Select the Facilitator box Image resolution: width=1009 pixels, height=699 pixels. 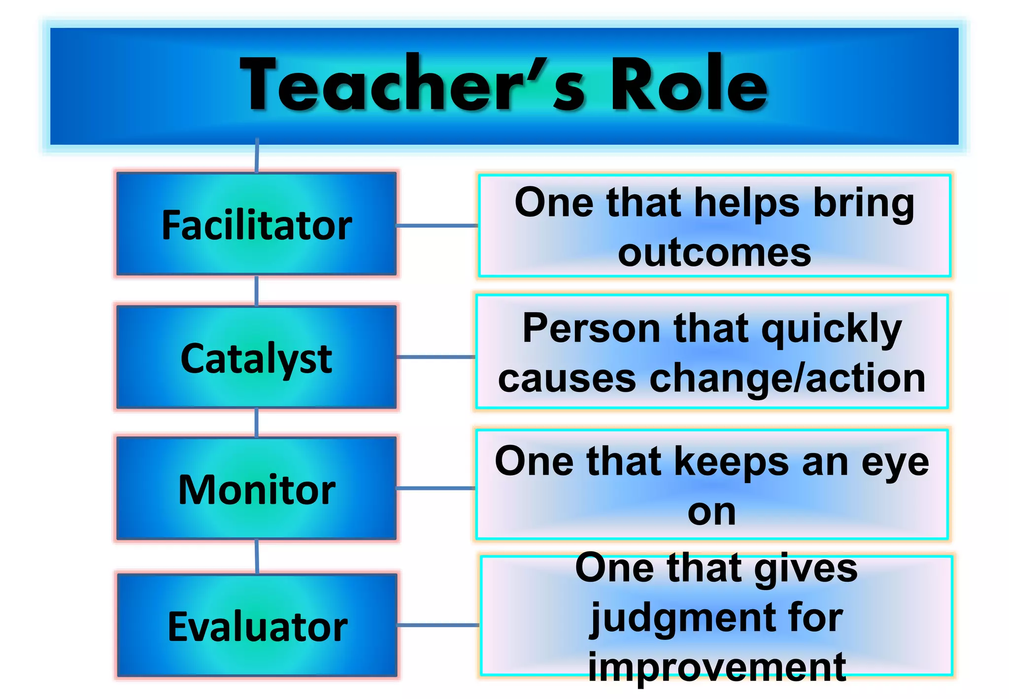[x=257, y=224]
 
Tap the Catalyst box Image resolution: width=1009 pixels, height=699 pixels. [x=257, y=357]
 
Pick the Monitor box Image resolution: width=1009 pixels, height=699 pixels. [x=257, y=489]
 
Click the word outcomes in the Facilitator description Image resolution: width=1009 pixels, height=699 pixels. [x=714, y=253]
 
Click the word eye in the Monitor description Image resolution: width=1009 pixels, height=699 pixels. [x=895, y=463]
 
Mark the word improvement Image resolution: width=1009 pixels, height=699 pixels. [x=717, y=667]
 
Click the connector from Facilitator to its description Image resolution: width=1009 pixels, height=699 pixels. [x=437, y=226]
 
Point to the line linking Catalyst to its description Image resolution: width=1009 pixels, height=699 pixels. [x=436, y=356]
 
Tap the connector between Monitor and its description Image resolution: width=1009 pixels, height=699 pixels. [x=436, y=488]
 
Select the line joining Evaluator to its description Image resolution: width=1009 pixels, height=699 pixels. [x=438, y=625]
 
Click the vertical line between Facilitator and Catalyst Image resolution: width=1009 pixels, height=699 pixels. [x=257, y=291]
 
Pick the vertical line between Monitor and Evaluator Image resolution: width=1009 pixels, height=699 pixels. [x=257, y=557]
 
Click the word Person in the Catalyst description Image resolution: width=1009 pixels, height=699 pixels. [x=591, y=329]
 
